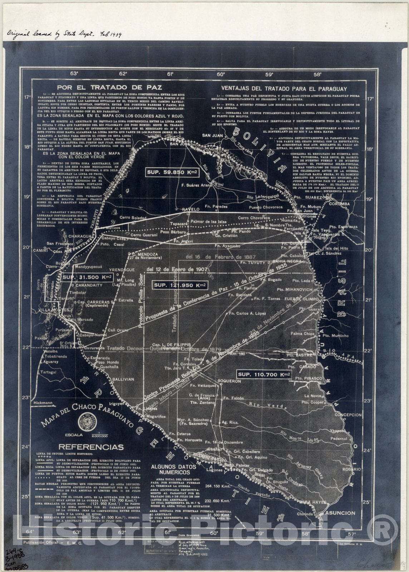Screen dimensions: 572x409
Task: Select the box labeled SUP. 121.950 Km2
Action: coord(180,285)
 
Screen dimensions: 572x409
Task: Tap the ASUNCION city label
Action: coord(340,513)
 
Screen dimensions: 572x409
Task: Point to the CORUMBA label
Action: coord(341,204)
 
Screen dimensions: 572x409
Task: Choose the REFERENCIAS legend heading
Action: coord(91,447)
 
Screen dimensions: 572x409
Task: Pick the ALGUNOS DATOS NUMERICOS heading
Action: coord(174,469)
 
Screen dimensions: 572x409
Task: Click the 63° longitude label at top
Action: coord(74,74)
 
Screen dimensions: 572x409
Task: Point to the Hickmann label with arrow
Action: coord(42,403)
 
